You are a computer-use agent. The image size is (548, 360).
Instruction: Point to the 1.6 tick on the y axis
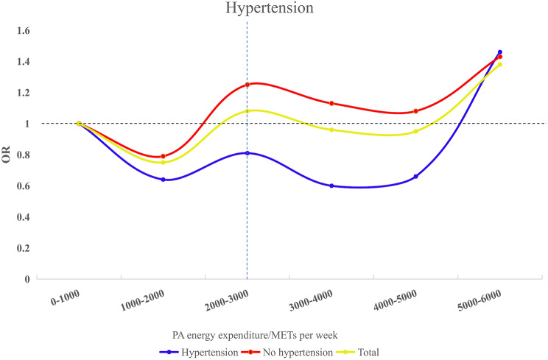[21, 31]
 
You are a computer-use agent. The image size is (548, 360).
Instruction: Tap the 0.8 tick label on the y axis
[21, 155]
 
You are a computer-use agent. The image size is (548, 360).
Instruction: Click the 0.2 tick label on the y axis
[21, 248]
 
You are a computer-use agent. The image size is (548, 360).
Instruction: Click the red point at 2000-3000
[247, 85]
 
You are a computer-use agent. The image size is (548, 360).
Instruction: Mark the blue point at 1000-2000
[163, 180]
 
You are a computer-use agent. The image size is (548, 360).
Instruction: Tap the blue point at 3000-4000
[331, 186]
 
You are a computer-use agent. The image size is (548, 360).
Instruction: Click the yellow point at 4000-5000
[416, 132]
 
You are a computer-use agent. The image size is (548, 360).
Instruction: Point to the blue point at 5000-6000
[500, 52]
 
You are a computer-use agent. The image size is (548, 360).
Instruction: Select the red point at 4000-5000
[416, 111]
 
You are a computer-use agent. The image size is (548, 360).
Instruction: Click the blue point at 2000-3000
[247, 153]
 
